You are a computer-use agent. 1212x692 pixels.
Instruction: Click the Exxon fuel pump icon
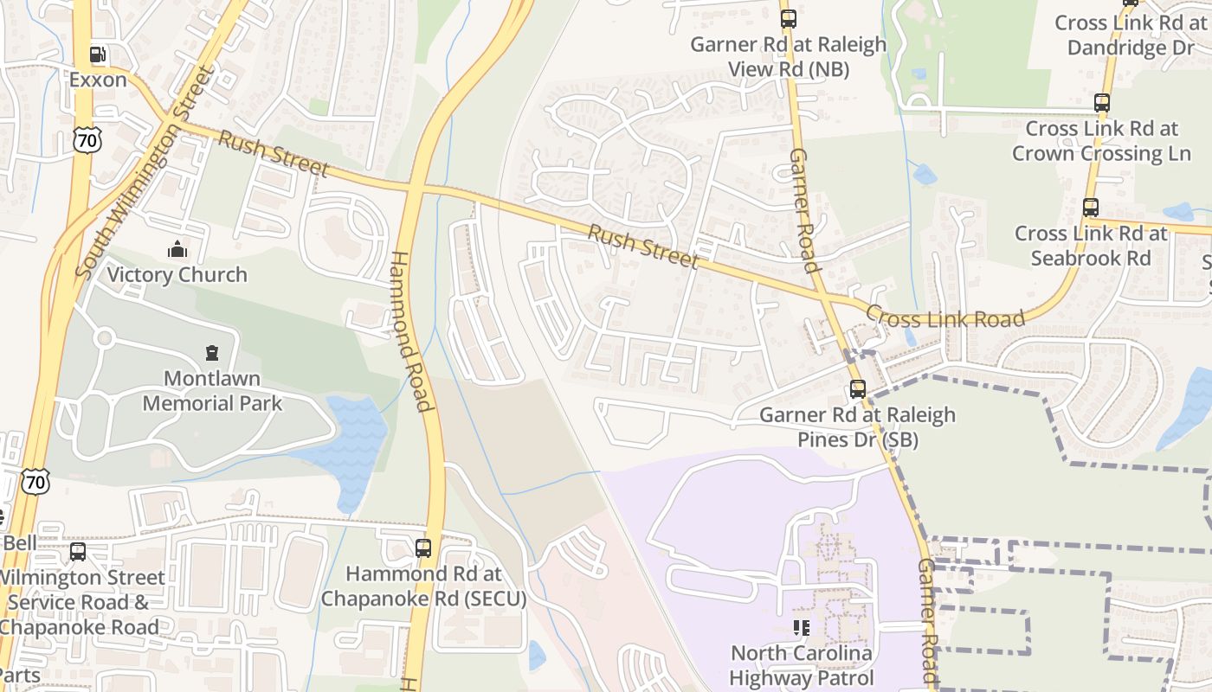click(x=98, y=54)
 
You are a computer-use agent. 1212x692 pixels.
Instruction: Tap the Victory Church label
click(x=177, y=275)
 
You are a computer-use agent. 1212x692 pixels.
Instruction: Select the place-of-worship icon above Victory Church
click(x=177, y=250)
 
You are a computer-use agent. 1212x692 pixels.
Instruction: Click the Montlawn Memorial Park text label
click(x=212, y=391)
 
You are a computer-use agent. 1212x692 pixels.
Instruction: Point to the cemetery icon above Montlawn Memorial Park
click(x=212, y=353)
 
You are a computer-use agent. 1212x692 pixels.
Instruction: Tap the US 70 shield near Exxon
click(x=87, y=139)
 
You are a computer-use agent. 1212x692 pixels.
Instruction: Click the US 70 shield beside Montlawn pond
click(x=35, y=482)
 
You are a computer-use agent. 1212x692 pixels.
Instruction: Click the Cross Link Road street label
click(x=945, y=317)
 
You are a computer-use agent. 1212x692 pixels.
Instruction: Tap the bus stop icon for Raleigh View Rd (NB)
click(x=788, y=19)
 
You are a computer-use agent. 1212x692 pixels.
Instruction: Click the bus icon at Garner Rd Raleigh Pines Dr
click(x=857, y=389)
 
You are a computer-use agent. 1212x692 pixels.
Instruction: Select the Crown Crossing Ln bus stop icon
click(x=1101, y=103)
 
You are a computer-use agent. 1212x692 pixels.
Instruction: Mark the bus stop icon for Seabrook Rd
click(x=1090, y=208)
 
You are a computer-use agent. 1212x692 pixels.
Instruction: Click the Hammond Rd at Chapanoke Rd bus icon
click(x=422, y=548)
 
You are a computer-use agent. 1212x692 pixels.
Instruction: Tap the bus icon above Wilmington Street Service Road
click(x=78, y=551)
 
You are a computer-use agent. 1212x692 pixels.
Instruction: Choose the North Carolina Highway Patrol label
click(x=801, y=665)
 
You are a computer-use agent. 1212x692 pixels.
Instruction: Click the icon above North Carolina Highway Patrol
click(x=801, y=627)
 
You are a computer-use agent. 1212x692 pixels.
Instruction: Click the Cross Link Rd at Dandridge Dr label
click(x=1130, y=35)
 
